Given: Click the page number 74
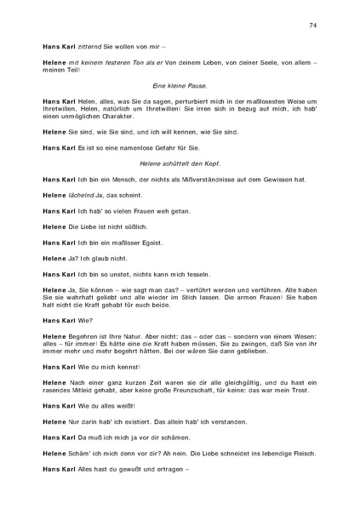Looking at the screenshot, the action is [x=313, y=26].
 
